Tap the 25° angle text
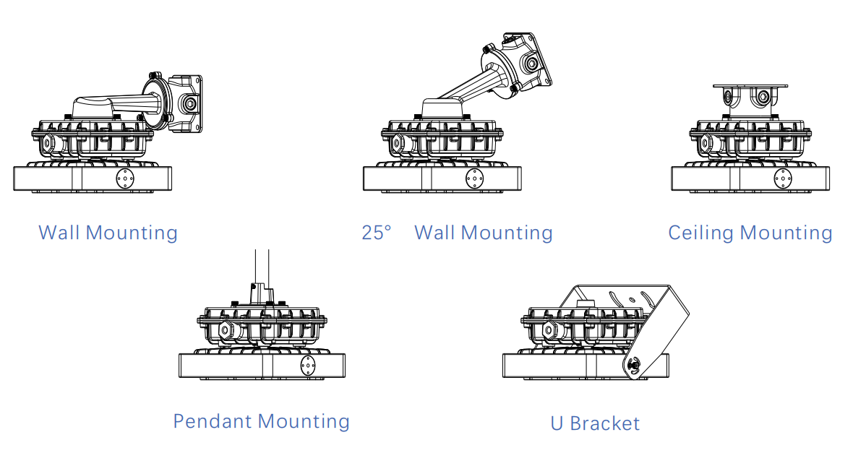377,233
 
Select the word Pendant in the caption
213,421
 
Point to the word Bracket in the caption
605,423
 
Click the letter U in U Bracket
557,423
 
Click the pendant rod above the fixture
262,268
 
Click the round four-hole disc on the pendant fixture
308,365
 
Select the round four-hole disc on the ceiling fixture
783,178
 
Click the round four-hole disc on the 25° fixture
474,178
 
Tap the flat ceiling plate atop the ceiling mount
750,87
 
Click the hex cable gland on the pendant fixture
225,330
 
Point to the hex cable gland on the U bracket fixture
549,330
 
